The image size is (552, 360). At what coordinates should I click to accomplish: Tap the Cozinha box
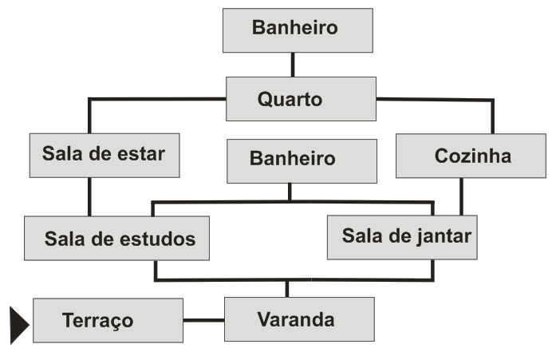(x=459, y=156)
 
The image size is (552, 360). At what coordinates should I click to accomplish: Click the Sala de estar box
(x=104, y=155)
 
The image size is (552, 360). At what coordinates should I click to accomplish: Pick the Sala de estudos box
(x=116, y=238)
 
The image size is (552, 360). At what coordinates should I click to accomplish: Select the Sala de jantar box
(x=402, y=237)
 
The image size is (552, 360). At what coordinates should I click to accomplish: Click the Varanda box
(x=299, y=319)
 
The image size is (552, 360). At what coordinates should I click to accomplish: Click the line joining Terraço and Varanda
(x=203, y=320)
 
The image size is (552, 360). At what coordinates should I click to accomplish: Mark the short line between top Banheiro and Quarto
(x=293, y=65)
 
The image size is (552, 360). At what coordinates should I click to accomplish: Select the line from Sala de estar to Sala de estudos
(x=89, y=196)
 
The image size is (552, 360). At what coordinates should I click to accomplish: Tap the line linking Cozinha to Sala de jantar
(x=461, y=196)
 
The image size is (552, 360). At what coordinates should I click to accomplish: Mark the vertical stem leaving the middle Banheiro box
(x=290, y=192)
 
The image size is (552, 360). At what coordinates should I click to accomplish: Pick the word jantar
(x=444, y=237)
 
